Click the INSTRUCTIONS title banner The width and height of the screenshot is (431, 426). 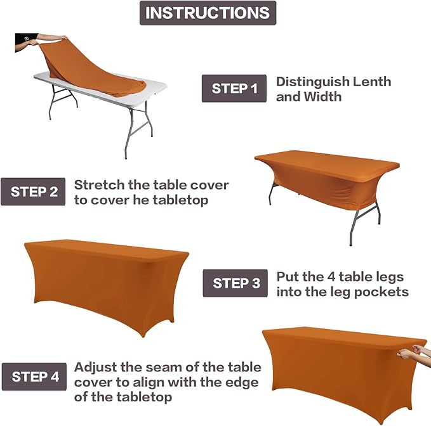pyautogui.click(x=208, y=13)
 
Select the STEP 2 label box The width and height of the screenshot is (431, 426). pyautogui.click(x=33, y=191)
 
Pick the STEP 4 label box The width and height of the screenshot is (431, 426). pyautogui.click(x=34, y=377)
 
